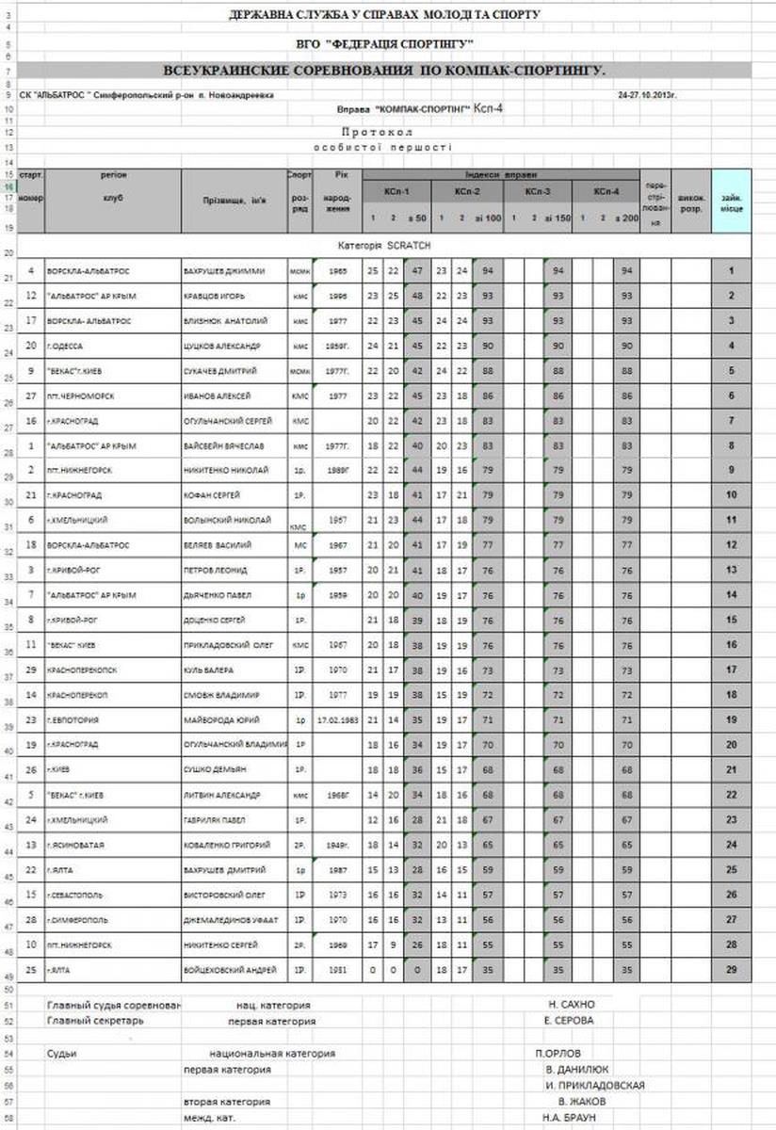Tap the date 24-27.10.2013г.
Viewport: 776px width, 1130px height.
(x=649, y=95)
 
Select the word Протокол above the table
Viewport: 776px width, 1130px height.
(x=383, y=133)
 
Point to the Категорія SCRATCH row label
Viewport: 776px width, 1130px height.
(x=383, y=245)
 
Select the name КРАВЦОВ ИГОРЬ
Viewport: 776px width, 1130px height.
(x=215, y=296)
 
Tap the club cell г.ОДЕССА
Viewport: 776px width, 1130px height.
(x=68, y=346)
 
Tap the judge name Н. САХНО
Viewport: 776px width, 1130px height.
(x=571, y=1004)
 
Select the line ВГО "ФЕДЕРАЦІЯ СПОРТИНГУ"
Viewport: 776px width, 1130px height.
(x=385, y=44)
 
